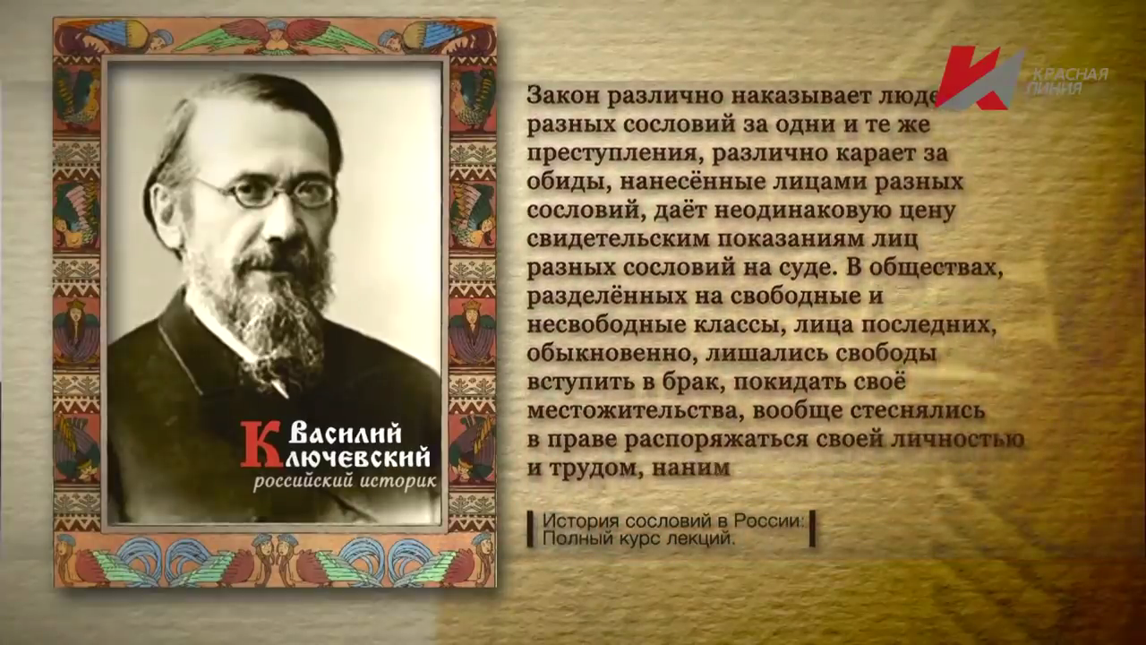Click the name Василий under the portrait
click(345, 436)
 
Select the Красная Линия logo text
click(1066, 82)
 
